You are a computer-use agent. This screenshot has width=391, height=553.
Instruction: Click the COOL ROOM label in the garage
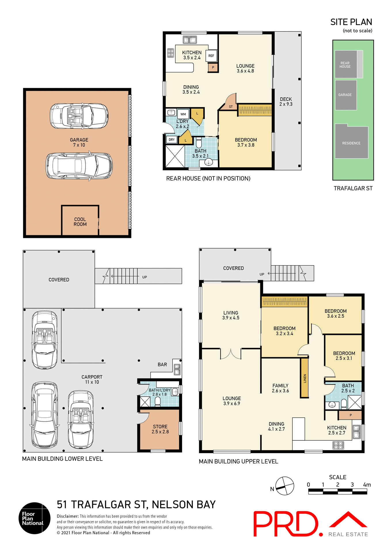pos(80,222)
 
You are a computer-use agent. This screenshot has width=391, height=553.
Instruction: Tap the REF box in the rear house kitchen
pos(211,56)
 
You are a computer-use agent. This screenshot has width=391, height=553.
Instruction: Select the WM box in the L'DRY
pos(183,114)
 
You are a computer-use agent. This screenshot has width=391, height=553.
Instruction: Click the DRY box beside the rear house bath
pos(172,140)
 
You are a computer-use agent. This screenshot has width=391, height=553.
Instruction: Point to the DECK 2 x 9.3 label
pos(286,102)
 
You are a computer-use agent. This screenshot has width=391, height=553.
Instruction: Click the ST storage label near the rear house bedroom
pos(231,107)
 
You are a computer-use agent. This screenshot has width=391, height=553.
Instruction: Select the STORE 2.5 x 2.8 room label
pos(160,429)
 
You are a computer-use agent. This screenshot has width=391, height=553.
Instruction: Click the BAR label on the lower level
pos(162,365)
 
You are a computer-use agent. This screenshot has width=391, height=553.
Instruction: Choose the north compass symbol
pos(284,486)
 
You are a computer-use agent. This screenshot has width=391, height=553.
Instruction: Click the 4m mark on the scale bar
pos(367,485)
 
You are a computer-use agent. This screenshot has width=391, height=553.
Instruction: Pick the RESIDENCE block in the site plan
pos(351,143)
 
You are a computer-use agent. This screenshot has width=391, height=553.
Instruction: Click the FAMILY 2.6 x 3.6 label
pos(280,388)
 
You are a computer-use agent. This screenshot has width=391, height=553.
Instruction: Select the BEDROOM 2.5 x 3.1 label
pos(344,356)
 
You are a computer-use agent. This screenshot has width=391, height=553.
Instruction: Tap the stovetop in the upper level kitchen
pos(338,445)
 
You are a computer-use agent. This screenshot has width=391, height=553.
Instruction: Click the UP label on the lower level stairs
pos(145,277)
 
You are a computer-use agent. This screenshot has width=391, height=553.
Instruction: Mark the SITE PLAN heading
pos(351,22)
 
